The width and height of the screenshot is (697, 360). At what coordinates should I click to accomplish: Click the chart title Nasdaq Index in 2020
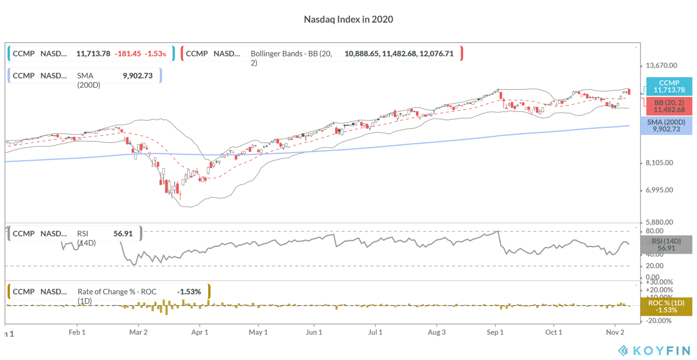348,19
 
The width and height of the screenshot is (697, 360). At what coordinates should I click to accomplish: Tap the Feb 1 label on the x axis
77,332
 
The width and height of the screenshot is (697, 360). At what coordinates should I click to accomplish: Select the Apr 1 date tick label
199,332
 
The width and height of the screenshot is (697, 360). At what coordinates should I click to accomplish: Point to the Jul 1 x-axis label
375,332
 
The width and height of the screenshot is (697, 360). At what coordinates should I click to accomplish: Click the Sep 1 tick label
495,332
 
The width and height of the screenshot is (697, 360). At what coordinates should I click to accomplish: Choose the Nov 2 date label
615,332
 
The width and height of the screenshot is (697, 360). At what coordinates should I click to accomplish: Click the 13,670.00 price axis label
661,65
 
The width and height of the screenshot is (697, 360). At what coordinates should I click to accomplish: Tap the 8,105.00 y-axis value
659,163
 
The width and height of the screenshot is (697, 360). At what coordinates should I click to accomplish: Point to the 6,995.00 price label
659,190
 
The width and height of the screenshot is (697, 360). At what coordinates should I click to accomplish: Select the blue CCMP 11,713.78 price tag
669,86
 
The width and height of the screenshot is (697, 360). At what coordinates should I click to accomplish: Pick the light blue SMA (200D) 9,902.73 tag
666,126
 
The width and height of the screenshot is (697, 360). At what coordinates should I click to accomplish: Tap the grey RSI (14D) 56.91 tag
666,245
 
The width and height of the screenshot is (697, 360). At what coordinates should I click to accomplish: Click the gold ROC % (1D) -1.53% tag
666,306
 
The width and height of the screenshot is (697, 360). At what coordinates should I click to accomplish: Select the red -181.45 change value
128,54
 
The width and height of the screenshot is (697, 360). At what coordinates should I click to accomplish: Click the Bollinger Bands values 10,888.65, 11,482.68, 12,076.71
399,54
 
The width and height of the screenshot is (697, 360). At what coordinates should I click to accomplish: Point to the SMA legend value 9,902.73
137,76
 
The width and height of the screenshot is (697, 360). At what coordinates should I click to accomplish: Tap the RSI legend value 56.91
123,234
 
